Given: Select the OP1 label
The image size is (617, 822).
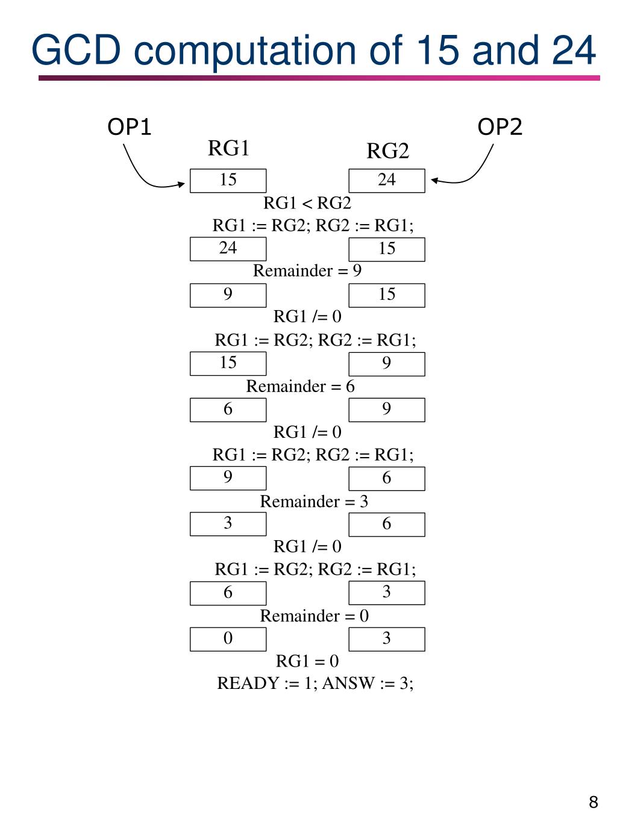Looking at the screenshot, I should point(129,127).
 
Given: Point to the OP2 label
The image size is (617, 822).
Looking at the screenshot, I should point(500,127).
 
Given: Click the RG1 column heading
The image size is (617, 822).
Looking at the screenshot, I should point(228,148).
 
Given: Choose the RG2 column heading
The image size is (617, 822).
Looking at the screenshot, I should point(387,151).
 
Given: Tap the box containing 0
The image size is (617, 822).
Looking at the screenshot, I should point(228,639).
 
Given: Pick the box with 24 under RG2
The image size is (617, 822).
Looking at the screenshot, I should point(387,181).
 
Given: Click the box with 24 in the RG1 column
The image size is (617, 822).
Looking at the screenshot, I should point(228,249).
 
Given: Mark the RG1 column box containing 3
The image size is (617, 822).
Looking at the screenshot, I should point(228,524).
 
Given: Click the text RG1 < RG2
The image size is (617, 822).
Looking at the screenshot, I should point(307,203).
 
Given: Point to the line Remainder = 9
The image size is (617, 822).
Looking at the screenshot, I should point(307,271).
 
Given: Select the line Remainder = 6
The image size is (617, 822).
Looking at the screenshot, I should point(300,386).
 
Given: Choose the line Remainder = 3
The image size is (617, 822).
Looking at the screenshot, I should point(314,502).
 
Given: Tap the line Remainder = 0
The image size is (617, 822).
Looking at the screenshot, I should point(314,616).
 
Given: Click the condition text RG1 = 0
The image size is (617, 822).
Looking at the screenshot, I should point(307,661).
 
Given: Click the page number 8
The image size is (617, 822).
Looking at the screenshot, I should point(594,802).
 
